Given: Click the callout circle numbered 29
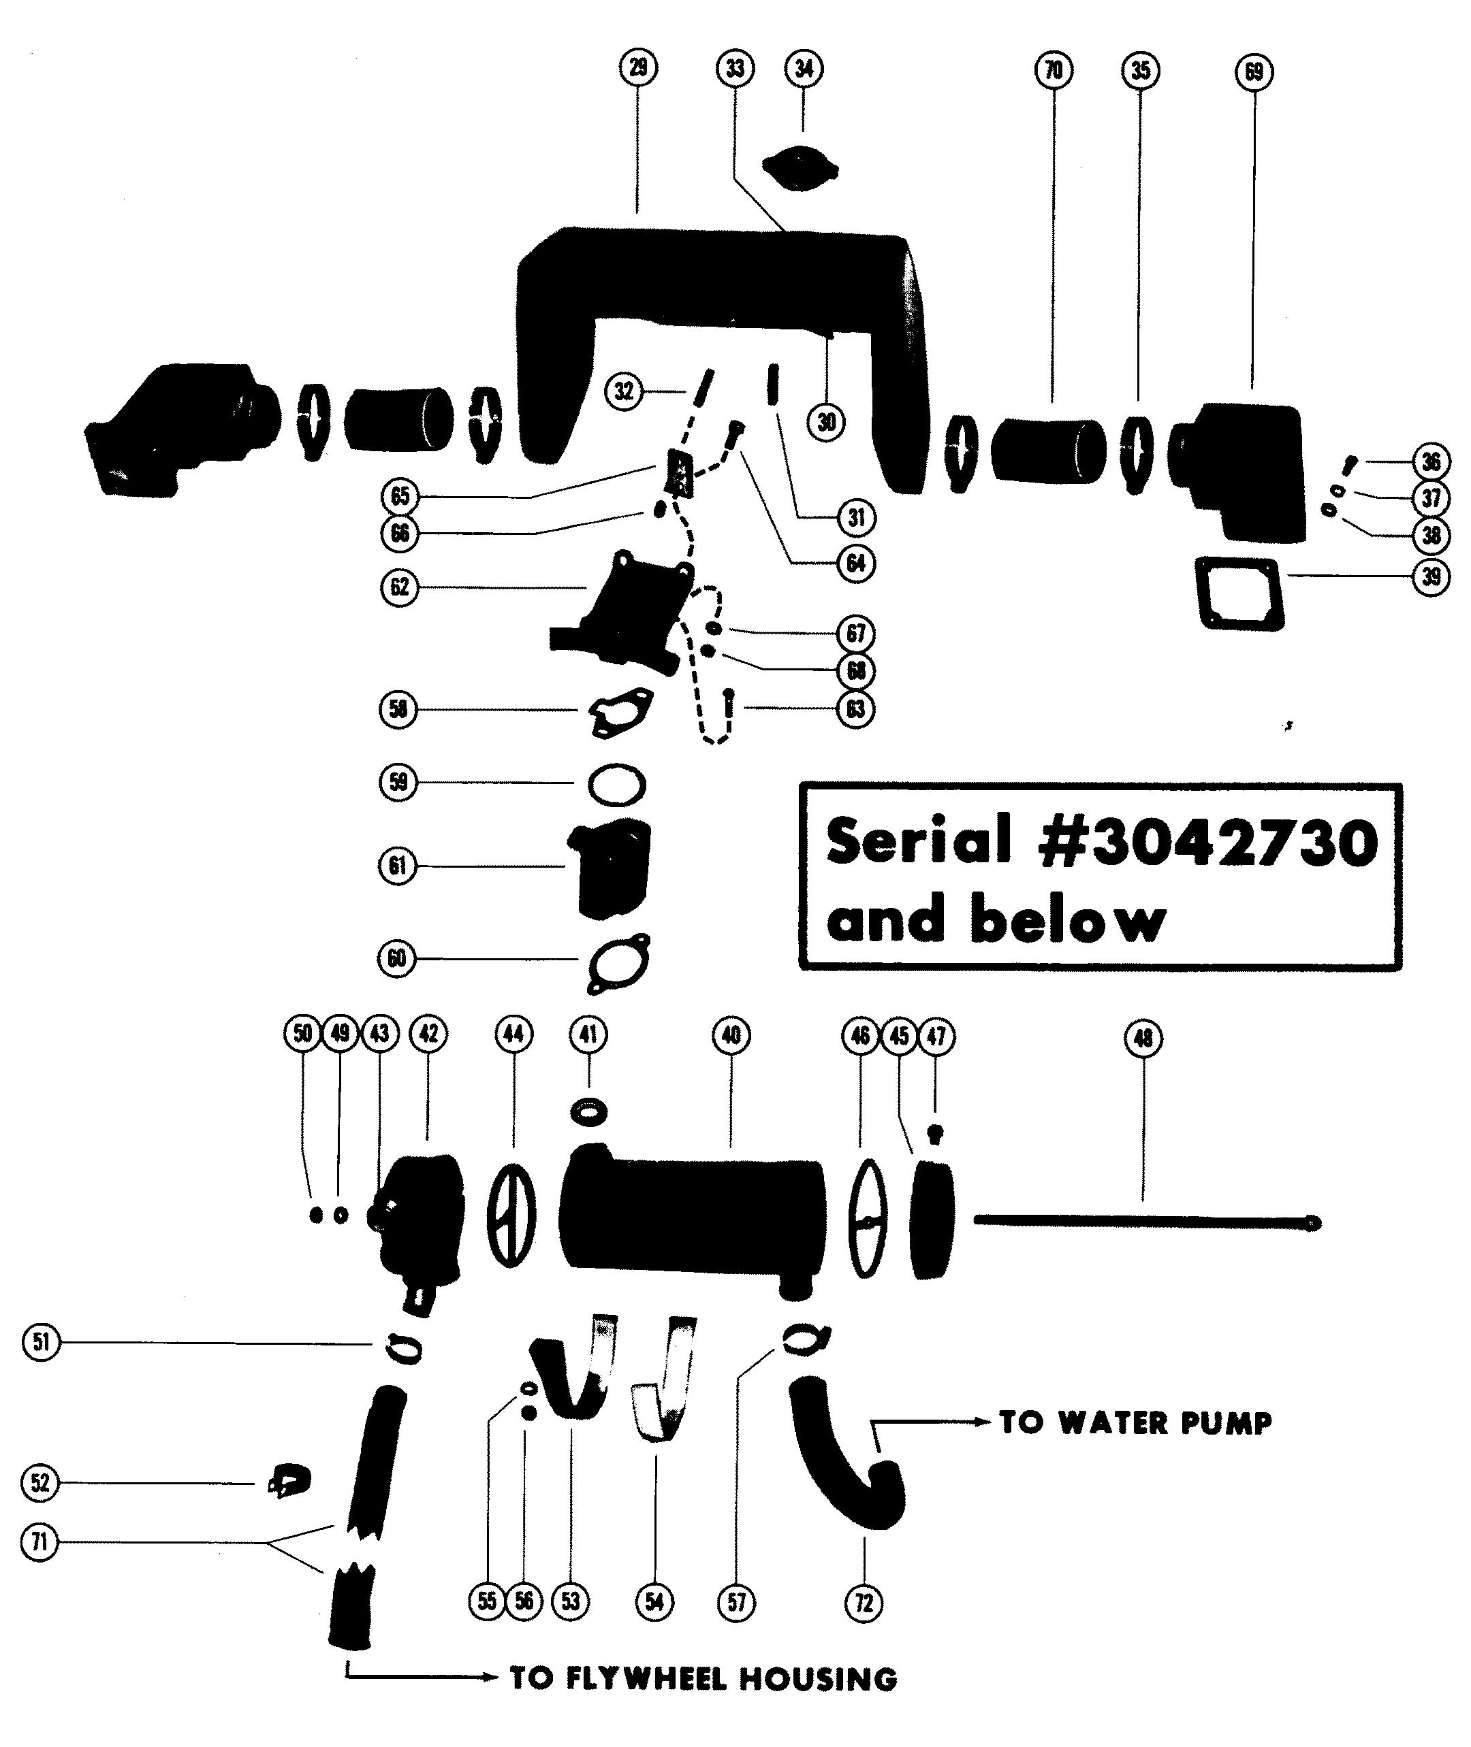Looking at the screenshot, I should point(638,67).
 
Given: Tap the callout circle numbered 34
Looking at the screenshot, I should point(803,68).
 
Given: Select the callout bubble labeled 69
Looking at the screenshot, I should point(1253,71).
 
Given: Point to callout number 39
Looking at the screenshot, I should point(1432,576).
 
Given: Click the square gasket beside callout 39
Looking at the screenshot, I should point(1237,593).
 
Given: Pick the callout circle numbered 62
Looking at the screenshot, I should point(400,587).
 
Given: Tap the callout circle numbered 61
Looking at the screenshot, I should point(397,866).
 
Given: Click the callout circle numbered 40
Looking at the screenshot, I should point(731,1034).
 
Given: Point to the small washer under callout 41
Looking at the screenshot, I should point(588,1111).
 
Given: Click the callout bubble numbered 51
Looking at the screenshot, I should point(41,1342).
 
